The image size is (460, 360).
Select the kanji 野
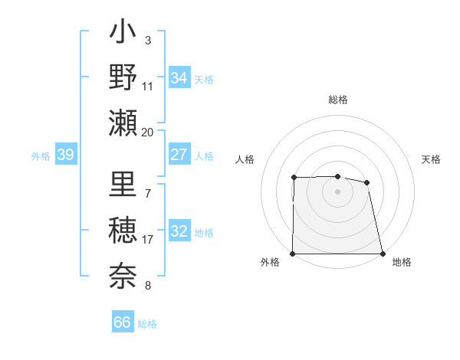click(x=123, y=78)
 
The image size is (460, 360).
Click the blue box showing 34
click(x=179, y=78)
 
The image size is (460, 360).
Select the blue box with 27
click(x=179, y=155)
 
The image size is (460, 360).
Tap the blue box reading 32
click(x=179, y=232)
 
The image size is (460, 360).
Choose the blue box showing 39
click(x=66, y=155)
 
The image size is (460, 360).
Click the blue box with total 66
click(x=122, y=322)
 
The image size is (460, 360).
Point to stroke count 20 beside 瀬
click(x=148, y=132)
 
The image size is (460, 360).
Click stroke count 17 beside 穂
click(x=148, y=240)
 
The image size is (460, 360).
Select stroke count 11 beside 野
click(x=148, y=86)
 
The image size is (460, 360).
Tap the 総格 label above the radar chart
click(x=338, y=100)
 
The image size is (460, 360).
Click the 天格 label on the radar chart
click(x=431, y=159)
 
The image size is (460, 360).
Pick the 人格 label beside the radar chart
click(x=245, y=159)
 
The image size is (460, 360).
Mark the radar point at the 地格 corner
click(x=382, y=254)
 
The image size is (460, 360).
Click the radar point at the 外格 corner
click(x=293, y=254)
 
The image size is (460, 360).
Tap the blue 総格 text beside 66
click(x=147, y=324)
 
